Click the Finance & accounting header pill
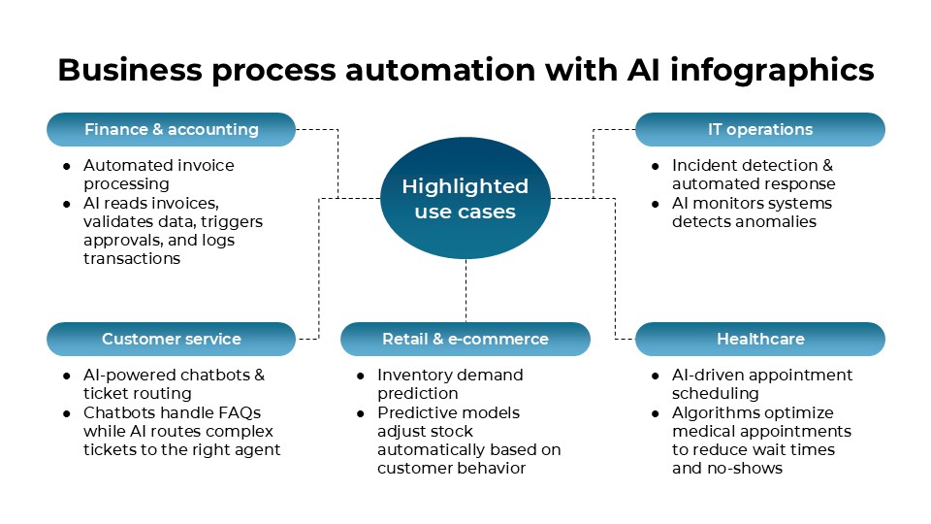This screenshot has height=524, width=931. point(171,129)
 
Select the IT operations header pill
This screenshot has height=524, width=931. point(759,129)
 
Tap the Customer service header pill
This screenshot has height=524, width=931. point(171,339)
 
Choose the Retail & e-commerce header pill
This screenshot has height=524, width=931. point(465,339)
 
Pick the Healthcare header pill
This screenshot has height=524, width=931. point(759,339)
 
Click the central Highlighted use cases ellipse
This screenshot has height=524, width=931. point(465,199)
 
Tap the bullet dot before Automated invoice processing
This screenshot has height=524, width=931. point(67,166)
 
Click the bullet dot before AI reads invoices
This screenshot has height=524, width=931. point(67,204)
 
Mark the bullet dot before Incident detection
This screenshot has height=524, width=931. point(656,166)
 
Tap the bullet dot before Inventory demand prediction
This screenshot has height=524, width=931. point(361,376)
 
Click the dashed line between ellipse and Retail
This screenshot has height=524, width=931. point(465,290)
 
